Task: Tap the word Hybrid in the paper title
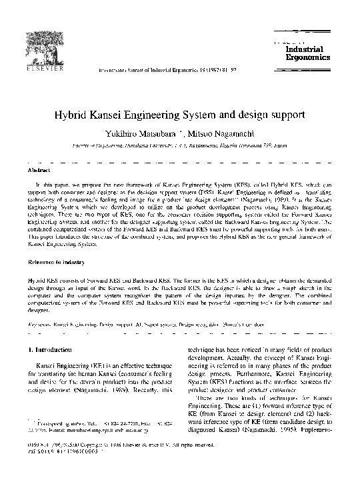coord(108,115)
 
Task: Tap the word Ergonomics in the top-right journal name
coord(307,57)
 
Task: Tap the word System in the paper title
coord(241,115)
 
